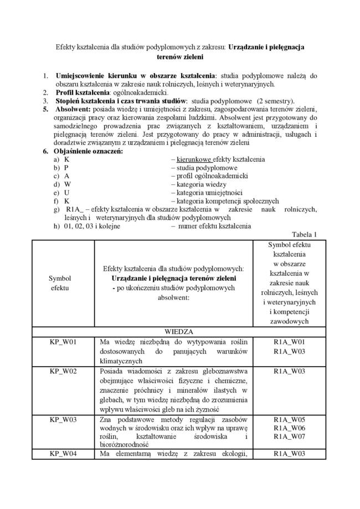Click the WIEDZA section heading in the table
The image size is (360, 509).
pyautogui.click(x=179, y=331)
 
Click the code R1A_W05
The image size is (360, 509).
pyautogui.click(x=289, y=419)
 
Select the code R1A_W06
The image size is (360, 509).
pyautogui.click(x=289, y=428)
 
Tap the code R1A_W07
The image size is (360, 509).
pyautogui.click(x=289, y=437)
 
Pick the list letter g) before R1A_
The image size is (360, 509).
pyautogui.click(x=56, y=209)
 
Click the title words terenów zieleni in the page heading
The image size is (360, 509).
pyautogui.click(x=180, y=56)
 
